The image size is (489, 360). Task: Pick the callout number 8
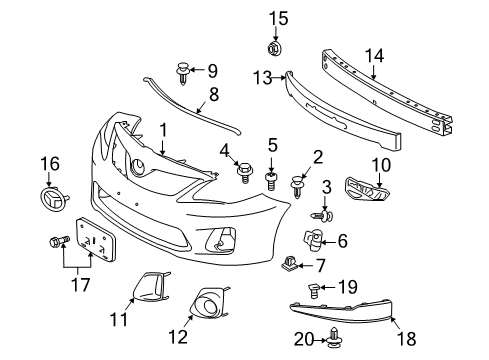click(213, 96)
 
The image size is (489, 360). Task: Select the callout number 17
click(73, 285)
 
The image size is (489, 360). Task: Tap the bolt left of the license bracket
click(56, 241)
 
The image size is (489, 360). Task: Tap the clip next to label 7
click(293, 265)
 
